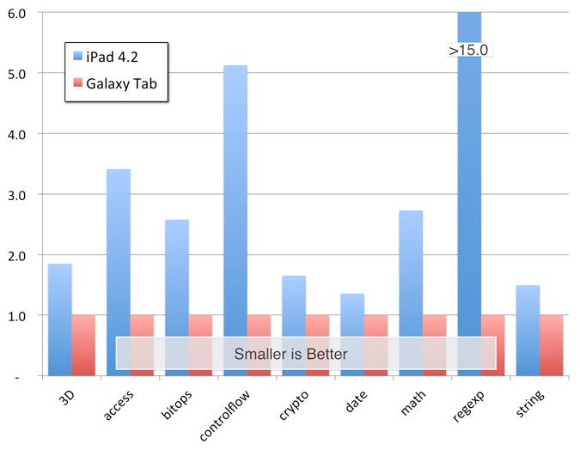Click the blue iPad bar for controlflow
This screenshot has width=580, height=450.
point(235,221)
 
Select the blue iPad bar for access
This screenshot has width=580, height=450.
point(119,272)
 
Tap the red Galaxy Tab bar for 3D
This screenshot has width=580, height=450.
point(83,345)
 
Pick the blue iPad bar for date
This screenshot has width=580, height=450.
point(352,335)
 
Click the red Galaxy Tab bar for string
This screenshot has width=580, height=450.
point(551,345)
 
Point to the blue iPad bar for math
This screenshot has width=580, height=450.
point(411,293)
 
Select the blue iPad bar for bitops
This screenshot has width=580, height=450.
point(177,298)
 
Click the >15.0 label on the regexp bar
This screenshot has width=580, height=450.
point(468,51)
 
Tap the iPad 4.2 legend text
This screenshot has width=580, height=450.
point(112,57)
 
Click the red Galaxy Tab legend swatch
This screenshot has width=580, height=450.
point(77,82)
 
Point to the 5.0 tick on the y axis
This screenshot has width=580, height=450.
point(16,74)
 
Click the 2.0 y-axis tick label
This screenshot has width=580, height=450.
point(16,256)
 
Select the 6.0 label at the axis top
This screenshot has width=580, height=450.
point(16,14)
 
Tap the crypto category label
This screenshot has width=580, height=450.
point(294,405)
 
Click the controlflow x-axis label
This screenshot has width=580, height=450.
point(224,416)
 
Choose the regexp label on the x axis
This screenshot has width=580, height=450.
point(468,406)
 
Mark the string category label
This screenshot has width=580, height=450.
point(529,404)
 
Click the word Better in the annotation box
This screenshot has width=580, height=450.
point(327,354)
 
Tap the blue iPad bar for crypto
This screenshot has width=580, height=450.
point(294,325)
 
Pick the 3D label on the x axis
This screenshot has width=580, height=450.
point(66,398)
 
